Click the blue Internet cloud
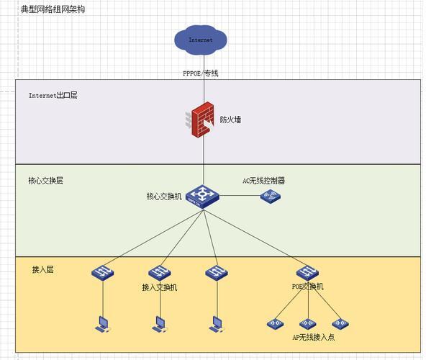(x=201, y=40)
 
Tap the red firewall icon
(x=200, y=120)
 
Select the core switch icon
(x=202, y=197)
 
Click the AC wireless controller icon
(x=271, y=197)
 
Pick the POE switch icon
(x=307, y=273)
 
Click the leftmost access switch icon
(x=103, y=273)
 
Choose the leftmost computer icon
(x=103, y=324)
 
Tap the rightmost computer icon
(x=217, y=324)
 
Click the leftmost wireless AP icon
(x=275, y=323)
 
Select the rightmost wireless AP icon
(x=340, y=323)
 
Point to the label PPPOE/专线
(x=201, y=73)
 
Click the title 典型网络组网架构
(x=53, y=9)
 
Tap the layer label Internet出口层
(x=53, y=95)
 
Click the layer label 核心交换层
(x=45, y=181)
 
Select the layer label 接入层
(x=43, y=269)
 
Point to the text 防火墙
(x=230, y=120)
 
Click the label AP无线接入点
(x=314, y=338)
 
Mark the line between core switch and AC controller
(x=240, y=195)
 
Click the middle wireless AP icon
(x=308, y=323)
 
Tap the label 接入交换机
(x=160, y=287)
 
